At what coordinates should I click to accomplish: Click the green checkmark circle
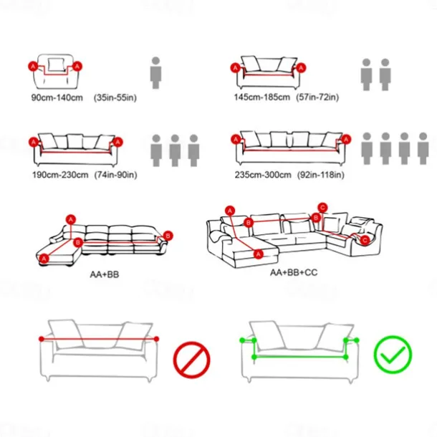coord(393,354)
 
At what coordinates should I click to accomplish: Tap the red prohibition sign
coord(191,360)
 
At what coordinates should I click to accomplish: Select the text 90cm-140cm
coord(57,98)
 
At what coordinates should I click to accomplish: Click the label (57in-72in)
coord(317,97)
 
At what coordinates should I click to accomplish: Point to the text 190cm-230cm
coord(60,175)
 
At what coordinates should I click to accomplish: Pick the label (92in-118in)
coord(321,175)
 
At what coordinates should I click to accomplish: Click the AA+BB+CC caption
coord(294,272)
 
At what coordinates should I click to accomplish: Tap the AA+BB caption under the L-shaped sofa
coord(105,274)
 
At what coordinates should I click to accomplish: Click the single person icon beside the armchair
coord(155,73)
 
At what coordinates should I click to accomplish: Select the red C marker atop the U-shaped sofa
coord(322,208)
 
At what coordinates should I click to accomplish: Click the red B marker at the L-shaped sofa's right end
coord(168,236)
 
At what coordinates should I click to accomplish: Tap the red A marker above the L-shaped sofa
coord(71,220)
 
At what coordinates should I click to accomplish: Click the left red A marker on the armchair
coord(33,67)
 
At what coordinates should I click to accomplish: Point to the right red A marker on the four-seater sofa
coord(346,140)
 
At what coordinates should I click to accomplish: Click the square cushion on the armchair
coord(57,64)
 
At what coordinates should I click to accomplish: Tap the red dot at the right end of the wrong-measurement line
coord(156,339)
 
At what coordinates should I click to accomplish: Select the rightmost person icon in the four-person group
coord(423,148)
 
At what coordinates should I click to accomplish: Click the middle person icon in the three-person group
coord(175,150)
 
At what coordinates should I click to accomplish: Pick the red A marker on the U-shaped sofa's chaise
coord(259,254)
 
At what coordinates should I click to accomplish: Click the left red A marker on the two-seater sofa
coord(236,68)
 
